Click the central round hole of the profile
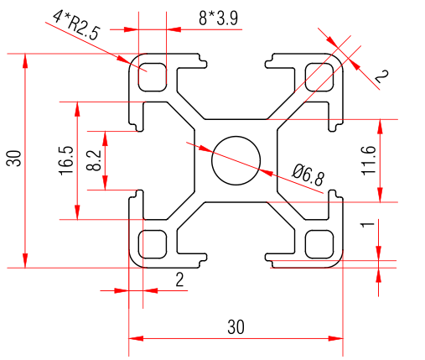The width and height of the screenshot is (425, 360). coord(236,159)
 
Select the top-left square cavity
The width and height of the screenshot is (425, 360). coord(153,75)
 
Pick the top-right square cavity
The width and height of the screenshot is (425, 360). coord(319,75)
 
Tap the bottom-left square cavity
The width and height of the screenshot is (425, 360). coord(153,243)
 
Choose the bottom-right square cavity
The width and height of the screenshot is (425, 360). coord(319,243)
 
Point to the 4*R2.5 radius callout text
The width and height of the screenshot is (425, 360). coord(75,25)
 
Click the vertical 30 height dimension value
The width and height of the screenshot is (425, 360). coord(13,159)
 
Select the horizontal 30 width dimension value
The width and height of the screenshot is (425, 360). coord(236,326)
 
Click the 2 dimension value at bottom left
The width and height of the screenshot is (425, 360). coord(179,279)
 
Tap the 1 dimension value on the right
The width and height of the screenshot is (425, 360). coord(365,226)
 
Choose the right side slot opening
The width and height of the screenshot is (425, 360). coord(339,159)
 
